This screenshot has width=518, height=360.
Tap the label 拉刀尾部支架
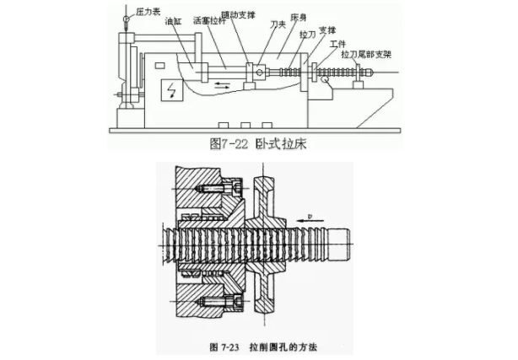[371, 52]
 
